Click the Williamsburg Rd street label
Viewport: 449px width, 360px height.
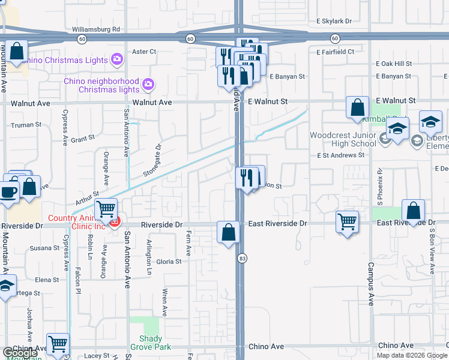click(x=96, y=29)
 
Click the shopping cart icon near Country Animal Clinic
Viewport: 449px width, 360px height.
click(x=106, y=209)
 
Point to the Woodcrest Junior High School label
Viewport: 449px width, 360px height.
click(x=343, y=139)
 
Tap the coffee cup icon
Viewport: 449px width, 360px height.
click(x=8, y=193)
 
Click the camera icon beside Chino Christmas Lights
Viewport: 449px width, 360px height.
click(x=117, y=59)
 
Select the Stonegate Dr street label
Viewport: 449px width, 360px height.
click(x=152, y=160)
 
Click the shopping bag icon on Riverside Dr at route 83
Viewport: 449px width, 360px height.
click(x=228, y=233)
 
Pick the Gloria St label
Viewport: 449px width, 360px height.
click(x=169, y=262)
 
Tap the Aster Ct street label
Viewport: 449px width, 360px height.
click(x=143, y=52)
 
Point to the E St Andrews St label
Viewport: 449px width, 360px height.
click(x=341, y=155)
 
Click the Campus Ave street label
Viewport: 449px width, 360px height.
click(x=371, y=277)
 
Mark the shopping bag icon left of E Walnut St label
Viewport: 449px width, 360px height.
click(x=357, y=109)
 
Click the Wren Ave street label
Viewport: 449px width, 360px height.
click(x=164, y=302)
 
